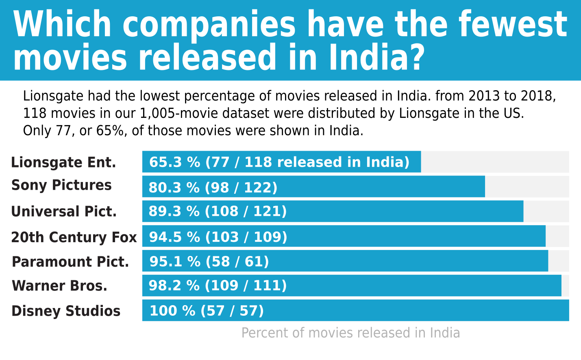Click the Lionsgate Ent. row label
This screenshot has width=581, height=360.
click(x=63, y=163)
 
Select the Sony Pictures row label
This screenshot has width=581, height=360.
click(x=61, y=185)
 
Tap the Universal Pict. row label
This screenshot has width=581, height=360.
click(x=64, y=212)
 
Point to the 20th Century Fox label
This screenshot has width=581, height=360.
click(x=74, y=237)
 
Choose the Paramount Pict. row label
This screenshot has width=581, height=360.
click(x=70, y=262)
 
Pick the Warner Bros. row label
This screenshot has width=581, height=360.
click(x=59, y=286)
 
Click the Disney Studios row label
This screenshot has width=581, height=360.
click(x=66, y=311)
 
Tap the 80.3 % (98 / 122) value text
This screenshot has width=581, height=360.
click(x=213, y=187)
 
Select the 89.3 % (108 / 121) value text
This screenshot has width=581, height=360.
click(x=218, y=211)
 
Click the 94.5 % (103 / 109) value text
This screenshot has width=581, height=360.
click(x=218, y=237)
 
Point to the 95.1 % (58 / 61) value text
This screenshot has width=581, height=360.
click(x=209, y=261)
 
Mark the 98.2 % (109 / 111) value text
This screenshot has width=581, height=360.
click(x=218, y=285)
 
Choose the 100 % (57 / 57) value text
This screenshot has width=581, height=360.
click(x=207, y=310)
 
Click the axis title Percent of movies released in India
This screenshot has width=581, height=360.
click(x=351, y=333)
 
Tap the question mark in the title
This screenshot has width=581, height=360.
click(x=416, y=57)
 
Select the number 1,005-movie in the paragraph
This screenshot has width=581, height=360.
click(x=179, y=113)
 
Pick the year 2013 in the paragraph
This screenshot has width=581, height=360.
click(x=484, y=96)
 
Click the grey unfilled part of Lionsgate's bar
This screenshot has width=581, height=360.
click(x=495, y=162)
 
